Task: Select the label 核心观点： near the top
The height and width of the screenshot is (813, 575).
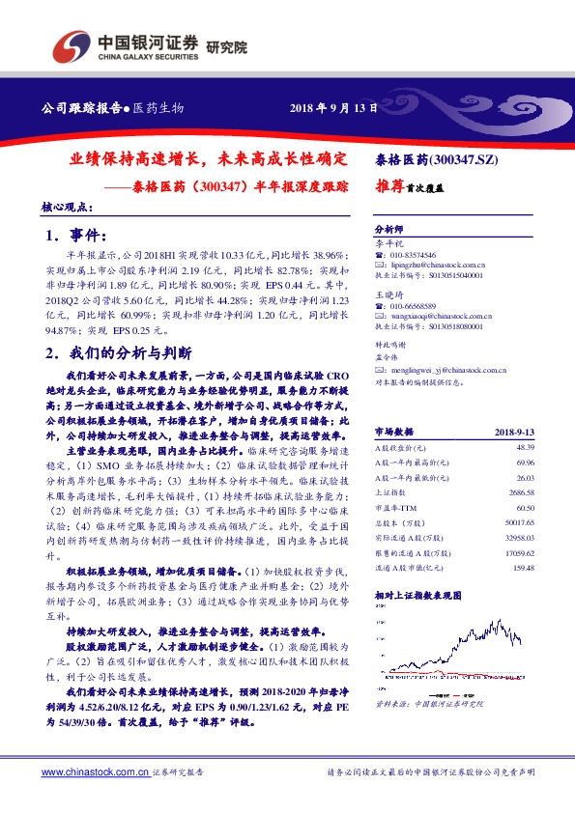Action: click(x=67, y=207)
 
